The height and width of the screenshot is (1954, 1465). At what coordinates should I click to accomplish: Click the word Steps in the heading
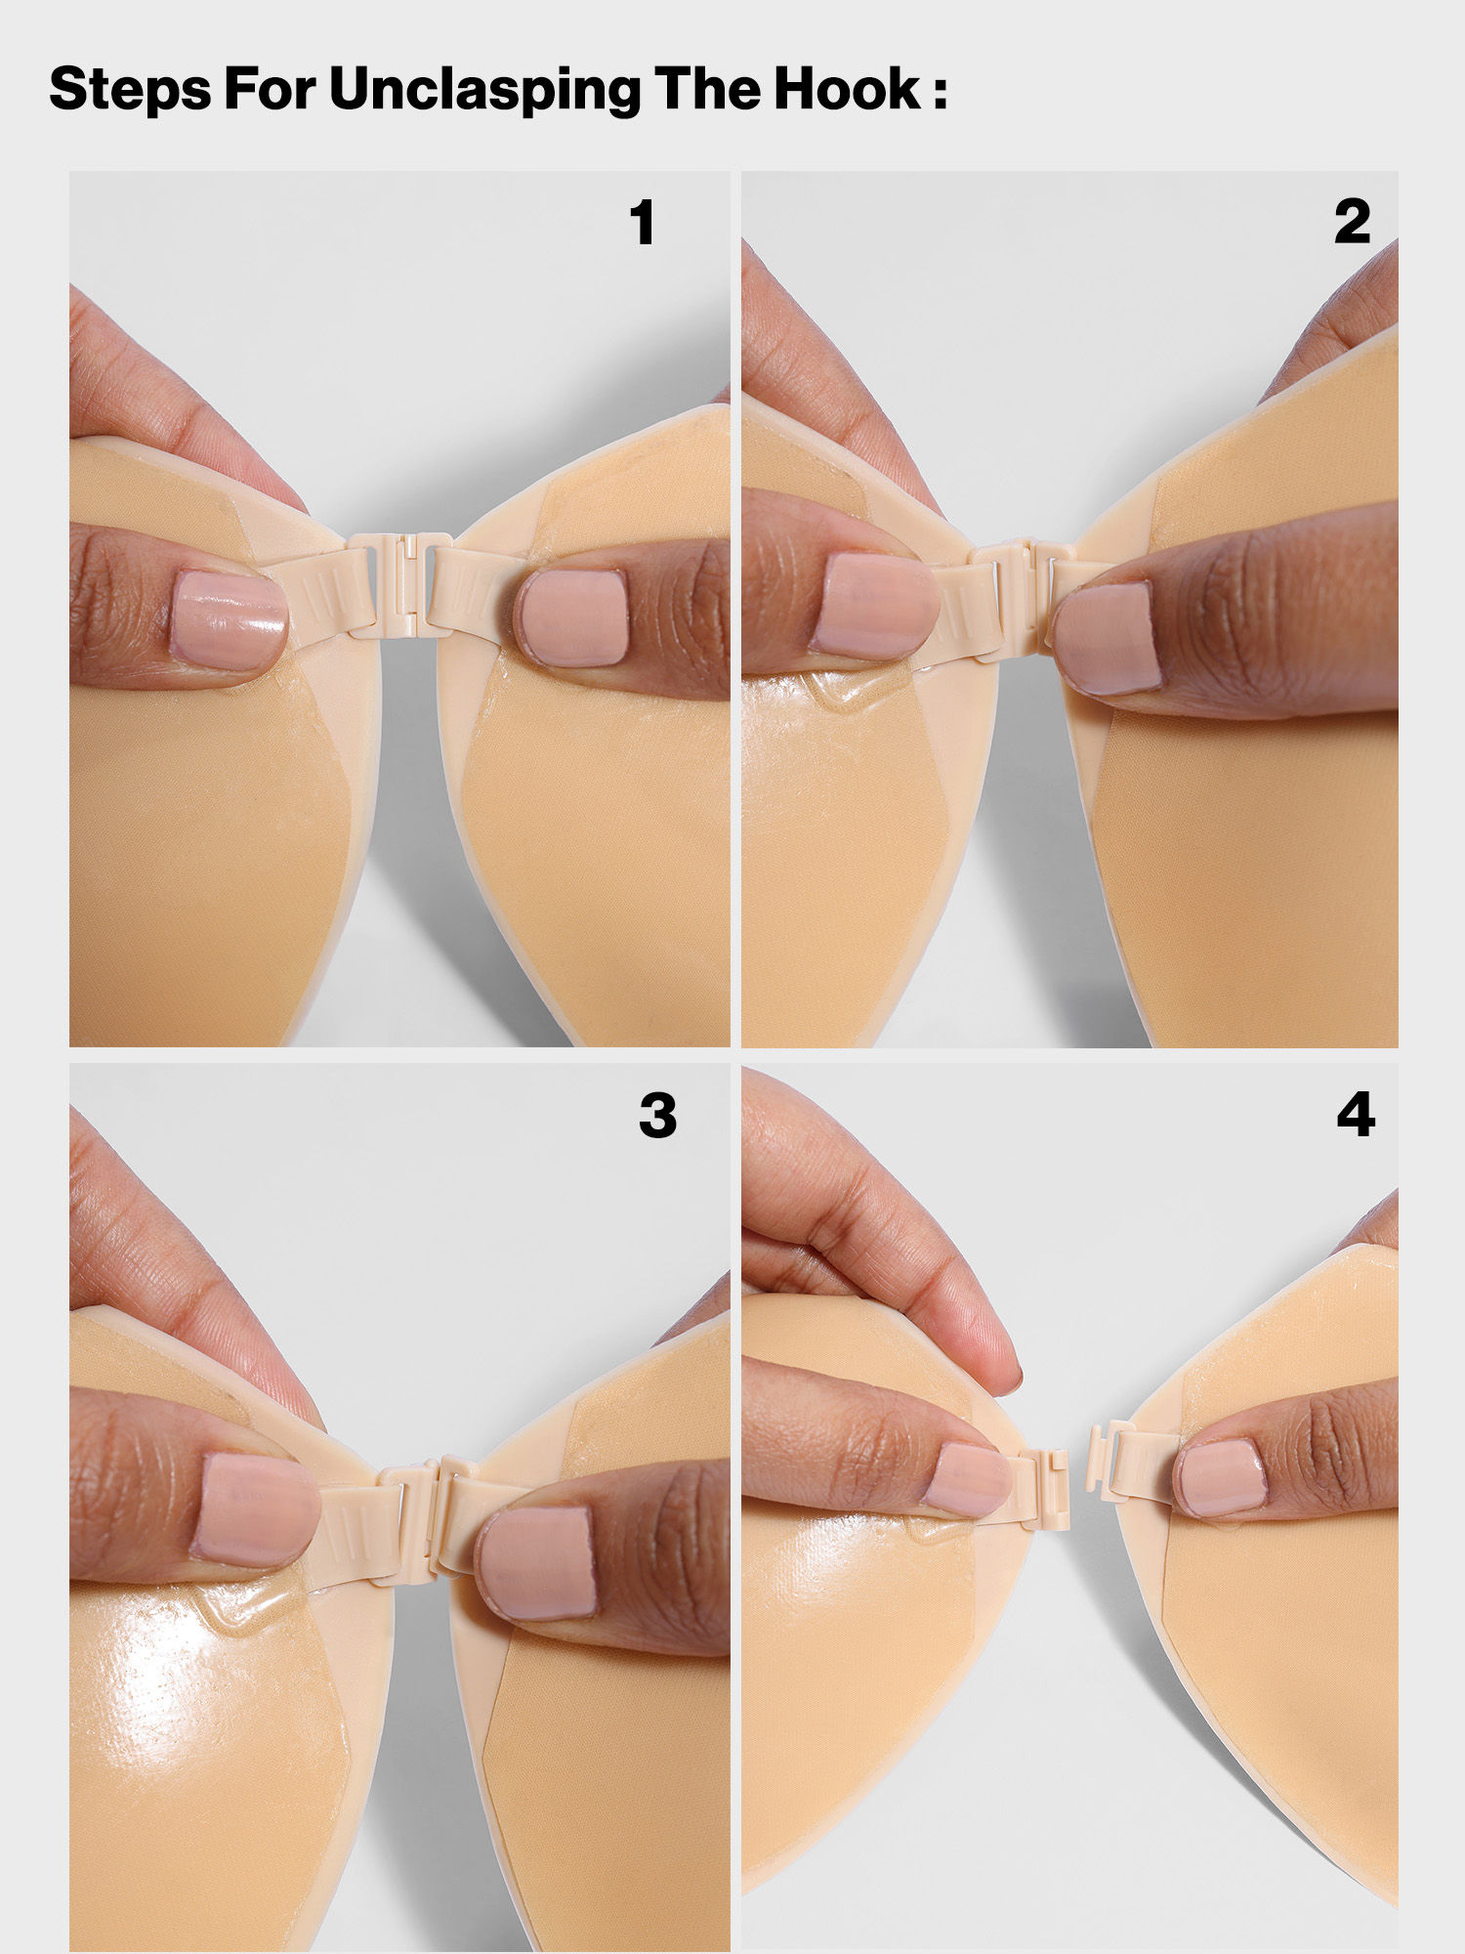(130, 90)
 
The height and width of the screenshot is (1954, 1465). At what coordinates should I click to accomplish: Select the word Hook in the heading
(848, 90)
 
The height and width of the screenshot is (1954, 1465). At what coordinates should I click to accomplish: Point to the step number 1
(643, 223)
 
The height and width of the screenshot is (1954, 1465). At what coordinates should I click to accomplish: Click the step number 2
(1353, 223)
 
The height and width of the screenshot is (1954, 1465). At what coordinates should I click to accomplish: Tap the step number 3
(657, 1116)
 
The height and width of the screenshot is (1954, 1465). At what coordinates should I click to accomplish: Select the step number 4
(1356, 1116)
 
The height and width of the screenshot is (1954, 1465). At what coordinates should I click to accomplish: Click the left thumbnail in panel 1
(229, 621)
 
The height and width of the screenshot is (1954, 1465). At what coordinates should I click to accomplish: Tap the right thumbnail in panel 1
(572, 619)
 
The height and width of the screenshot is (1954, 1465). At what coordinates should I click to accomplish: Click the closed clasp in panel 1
(401, 586)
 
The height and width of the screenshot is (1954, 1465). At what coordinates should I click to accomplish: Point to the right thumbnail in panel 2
(1106, 639)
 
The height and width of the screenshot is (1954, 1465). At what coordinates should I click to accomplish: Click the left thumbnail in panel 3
(256, 1509)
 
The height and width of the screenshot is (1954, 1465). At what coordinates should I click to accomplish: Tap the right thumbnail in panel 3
(537, 1561)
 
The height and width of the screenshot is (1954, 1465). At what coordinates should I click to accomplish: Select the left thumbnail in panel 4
(967, 1480)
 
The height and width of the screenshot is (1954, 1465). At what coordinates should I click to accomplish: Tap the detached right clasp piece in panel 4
(1133, 1464)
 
